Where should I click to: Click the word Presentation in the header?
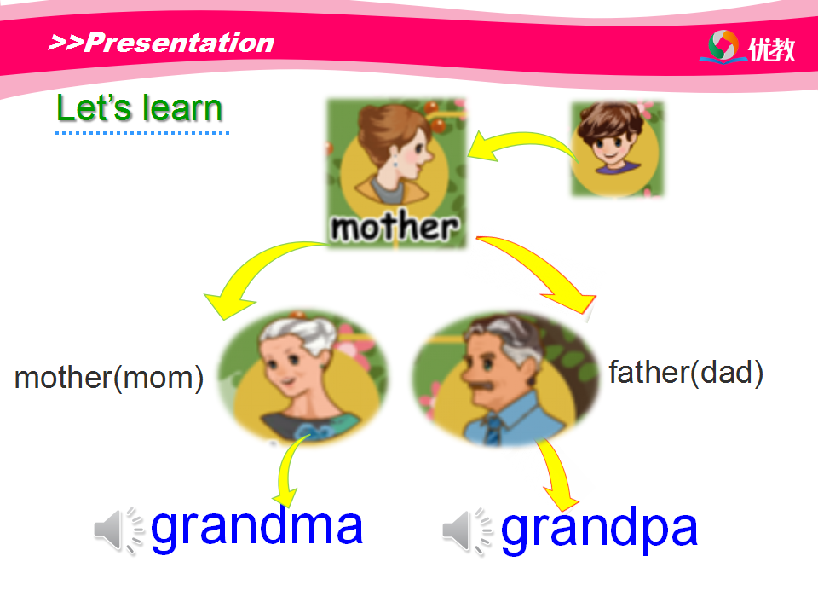(x=179, y=43)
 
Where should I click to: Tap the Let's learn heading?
(x=140, y=108)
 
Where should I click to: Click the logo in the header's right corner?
(x=746, y=47)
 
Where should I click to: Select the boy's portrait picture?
(x=617, y=149)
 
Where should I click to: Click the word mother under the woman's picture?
(x=395, y=227)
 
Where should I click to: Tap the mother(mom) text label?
(x=109, y=378)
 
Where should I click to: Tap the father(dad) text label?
(x=686, y=373)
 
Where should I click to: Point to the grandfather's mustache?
(x=480, y=385)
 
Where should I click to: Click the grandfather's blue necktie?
(x=492, y=429)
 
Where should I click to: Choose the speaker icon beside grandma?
(x=118, y=530)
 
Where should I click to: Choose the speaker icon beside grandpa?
(x=467, y=531)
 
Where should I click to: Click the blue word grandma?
(x=256, y=527)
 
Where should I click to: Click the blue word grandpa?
(x=599, y=530)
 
